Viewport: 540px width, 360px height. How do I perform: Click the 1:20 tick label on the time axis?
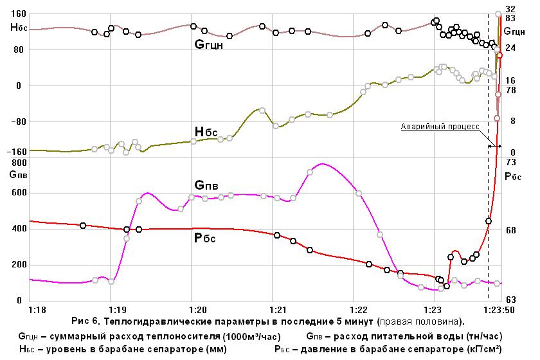click(x=198, y=310)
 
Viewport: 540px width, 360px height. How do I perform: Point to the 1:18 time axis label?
click(x=37, y=310)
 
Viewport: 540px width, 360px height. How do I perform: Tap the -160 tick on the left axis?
click(x=17, y=152)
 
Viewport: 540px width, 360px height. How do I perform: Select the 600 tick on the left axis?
click(x=19, y=193)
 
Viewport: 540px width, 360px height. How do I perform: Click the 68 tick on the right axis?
click(x=510, y=230)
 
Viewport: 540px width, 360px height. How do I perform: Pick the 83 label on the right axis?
click(x=510, y=18)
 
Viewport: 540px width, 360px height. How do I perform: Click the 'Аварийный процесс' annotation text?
click(x=440, y=127)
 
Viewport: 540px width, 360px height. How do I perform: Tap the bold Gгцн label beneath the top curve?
click(x=209, y=45)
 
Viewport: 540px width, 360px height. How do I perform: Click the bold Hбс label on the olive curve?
click(x=206, y=132)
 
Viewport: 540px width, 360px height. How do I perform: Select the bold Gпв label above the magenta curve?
click(x=206, y=185)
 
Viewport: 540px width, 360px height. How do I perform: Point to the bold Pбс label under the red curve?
click(x=205, y=238)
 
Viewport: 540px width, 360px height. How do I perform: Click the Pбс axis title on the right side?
click(x=513, y=177)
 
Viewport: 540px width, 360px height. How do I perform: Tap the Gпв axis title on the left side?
click(x=18, y=174)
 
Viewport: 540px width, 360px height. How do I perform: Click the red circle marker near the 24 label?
click(x=500, y=55)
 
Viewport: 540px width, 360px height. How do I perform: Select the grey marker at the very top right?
click(x=498, y=14)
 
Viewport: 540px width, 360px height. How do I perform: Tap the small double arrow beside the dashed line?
click(x=494, y=147)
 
